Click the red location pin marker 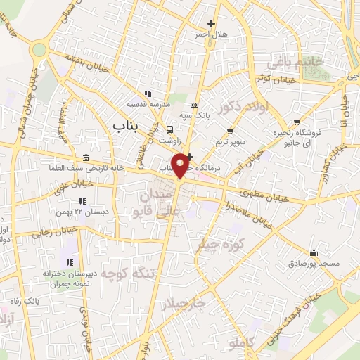click(x=182, y=165)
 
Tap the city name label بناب click(x=127, y=124)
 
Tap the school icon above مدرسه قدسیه click(x=147, y=94)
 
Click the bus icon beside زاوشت click(x=169, y=129)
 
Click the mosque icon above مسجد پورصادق click(x=314, y=252)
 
